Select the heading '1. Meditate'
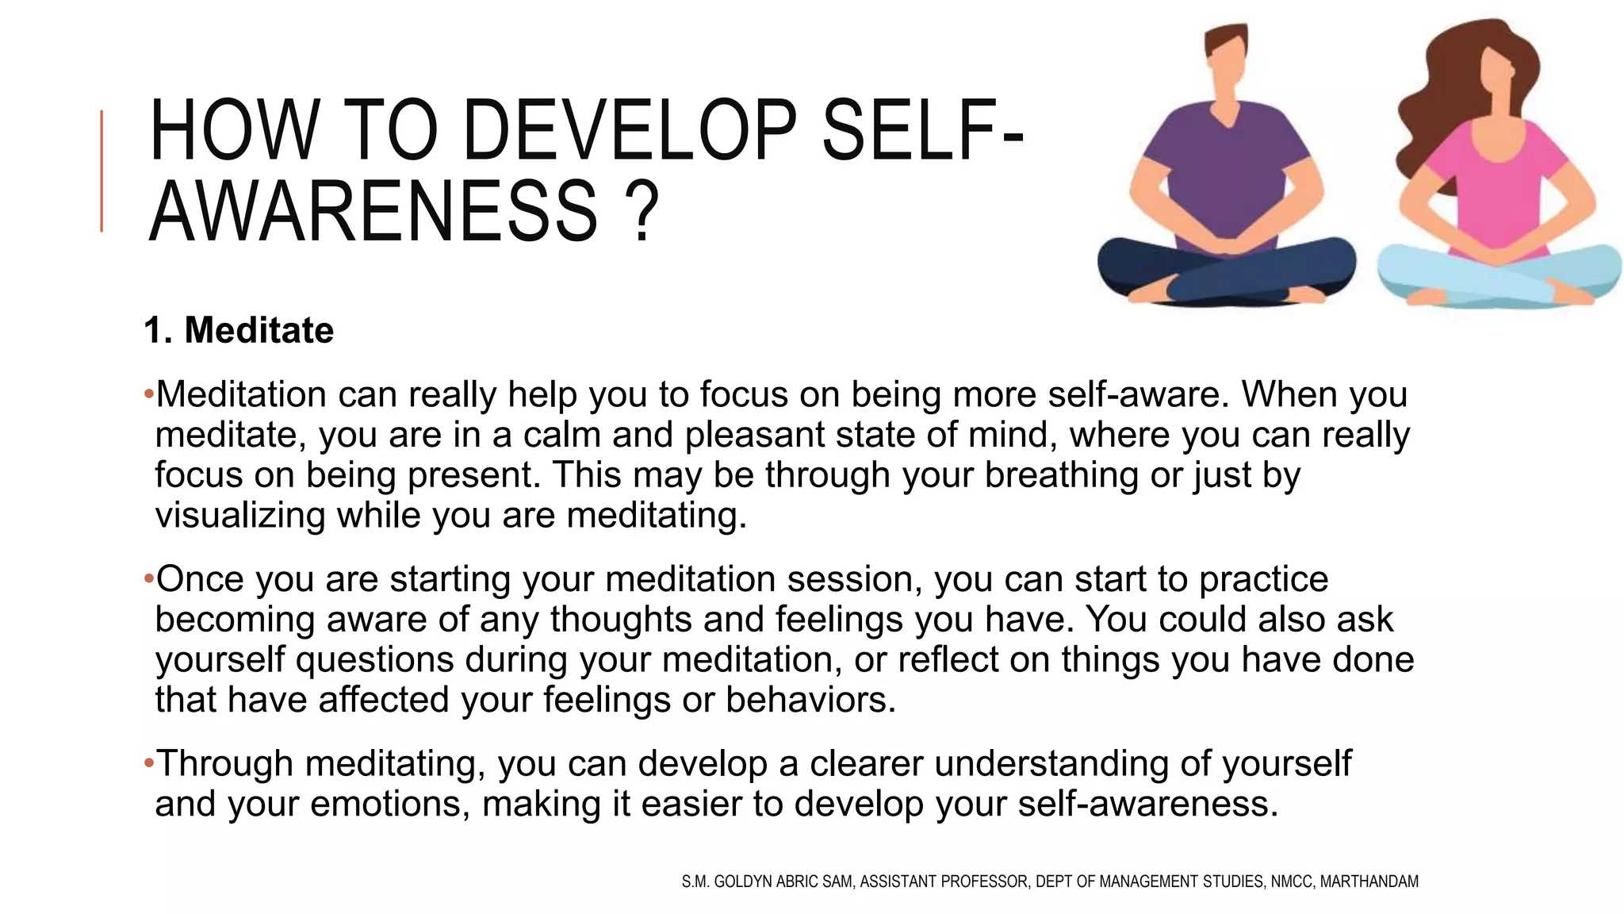tap(239, 330)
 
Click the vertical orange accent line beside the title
tap(101, 171)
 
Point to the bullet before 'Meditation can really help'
tap(148, 395)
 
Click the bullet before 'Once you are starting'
tap(148, 579)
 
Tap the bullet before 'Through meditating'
tap(148, 763)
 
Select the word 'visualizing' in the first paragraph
tap(239, 515)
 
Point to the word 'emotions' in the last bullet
tap(383, 804)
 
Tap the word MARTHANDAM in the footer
tap(1369, 881)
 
